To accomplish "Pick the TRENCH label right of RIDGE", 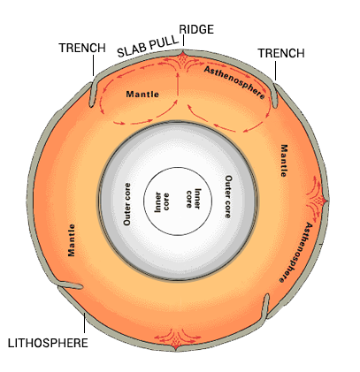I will pos(280,54).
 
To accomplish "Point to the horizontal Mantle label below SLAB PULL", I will pos(142,93).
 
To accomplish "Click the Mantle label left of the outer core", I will pos(71,239).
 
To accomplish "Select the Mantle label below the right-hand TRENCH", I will pos(284,159).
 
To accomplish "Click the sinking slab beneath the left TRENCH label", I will pos(93,91).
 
